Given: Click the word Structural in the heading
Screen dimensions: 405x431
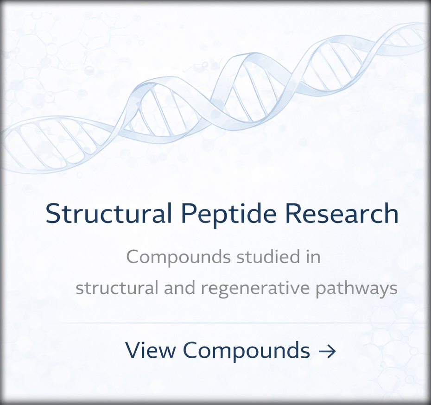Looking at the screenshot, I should (x=109, y=214).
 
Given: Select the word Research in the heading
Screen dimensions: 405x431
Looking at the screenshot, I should (x=341, y=214).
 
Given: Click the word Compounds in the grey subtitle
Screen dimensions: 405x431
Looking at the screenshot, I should (x=178, y=257).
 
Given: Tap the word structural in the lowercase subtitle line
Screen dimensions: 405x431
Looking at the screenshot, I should (x=116, y=288).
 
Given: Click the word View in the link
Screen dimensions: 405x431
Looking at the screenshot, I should (x=150, y=350).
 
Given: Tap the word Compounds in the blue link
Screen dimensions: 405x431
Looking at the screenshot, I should (x=246, y=351).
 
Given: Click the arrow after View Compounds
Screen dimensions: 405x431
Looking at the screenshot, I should (x=327, y=351).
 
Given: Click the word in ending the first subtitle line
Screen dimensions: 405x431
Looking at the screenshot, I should (x=313, y=257).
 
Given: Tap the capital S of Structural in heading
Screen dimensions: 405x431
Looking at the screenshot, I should (x=54, y=214).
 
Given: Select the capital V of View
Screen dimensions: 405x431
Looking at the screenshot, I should (x=133, y=350).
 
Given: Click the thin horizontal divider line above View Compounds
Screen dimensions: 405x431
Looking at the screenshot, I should (x=215, y=322).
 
